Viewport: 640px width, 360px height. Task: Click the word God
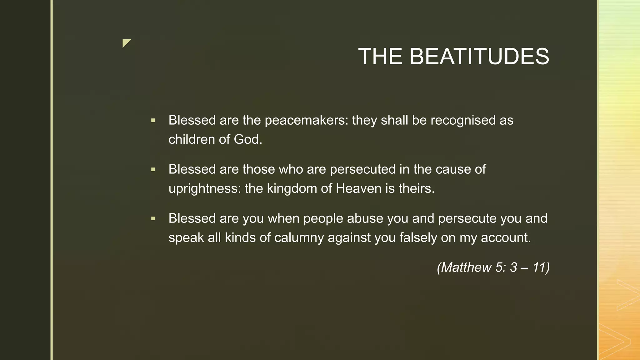(x=248, y=139)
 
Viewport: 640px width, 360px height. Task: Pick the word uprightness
(x=205, y=189)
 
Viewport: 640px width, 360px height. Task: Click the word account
(x=506, y=237)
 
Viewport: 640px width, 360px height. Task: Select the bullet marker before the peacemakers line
(x=153, y=120)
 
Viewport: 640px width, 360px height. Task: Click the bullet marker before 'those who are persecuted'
(x=153, y=169)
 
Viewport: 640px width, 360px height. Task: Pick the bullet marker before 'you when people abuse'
(x=153, y=218)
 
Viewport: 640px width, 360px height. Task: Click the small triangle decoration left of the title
(x=126, y=42)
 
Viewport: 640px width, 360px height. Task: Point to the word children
(x=192, y=139)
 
